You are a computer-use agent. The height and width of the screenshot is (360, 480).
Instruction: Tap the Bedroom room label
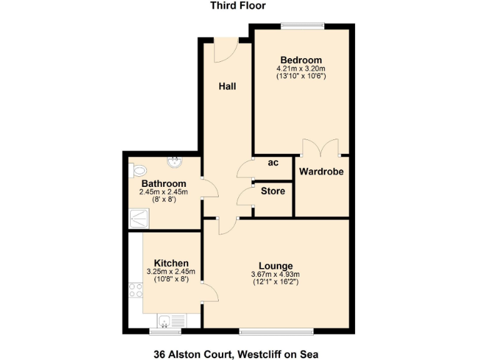tap(301, 60)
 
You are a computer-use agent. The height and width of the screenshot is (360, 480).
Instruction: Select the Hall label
tap(227, 86)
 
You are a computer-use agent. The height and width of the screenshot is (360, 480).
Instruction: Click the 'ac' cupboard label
tap(273, 162)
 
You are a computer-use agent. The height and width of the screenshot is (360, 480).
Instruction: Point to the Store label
tap(273, 191)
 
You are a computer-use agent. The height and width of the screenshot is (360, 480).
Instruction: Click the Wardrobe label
tap(321, 171)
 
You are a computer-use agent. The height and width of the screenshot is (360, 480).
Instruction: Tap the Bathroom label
tap(163, 183)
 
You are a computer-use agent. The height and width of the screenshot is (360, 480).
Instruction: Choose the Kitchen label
tap(171, 263)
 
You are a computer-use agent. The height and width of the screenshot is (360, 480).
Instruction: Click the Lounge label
tap(275, 266)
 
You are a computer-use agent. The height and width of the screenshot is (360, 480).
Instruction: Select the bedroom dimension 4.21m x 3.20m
tap(301, 69)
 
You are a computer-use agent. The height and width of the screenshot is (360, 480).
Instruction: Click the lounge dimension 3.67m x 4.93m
tap(275, 274)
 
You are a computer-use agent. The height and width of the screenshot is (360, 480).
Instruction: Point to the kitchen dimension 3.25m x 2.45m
tap(171, 272)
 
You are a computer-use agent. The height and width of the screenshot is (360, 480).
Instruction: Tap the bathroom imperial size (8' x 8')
tap(163, 199)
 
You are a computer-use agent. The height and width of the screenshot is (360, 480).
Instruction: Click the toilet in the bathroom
tap(137, 169)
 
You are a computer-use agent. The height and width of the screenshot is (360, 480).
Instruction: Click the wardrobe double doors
tap(321, 149)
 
